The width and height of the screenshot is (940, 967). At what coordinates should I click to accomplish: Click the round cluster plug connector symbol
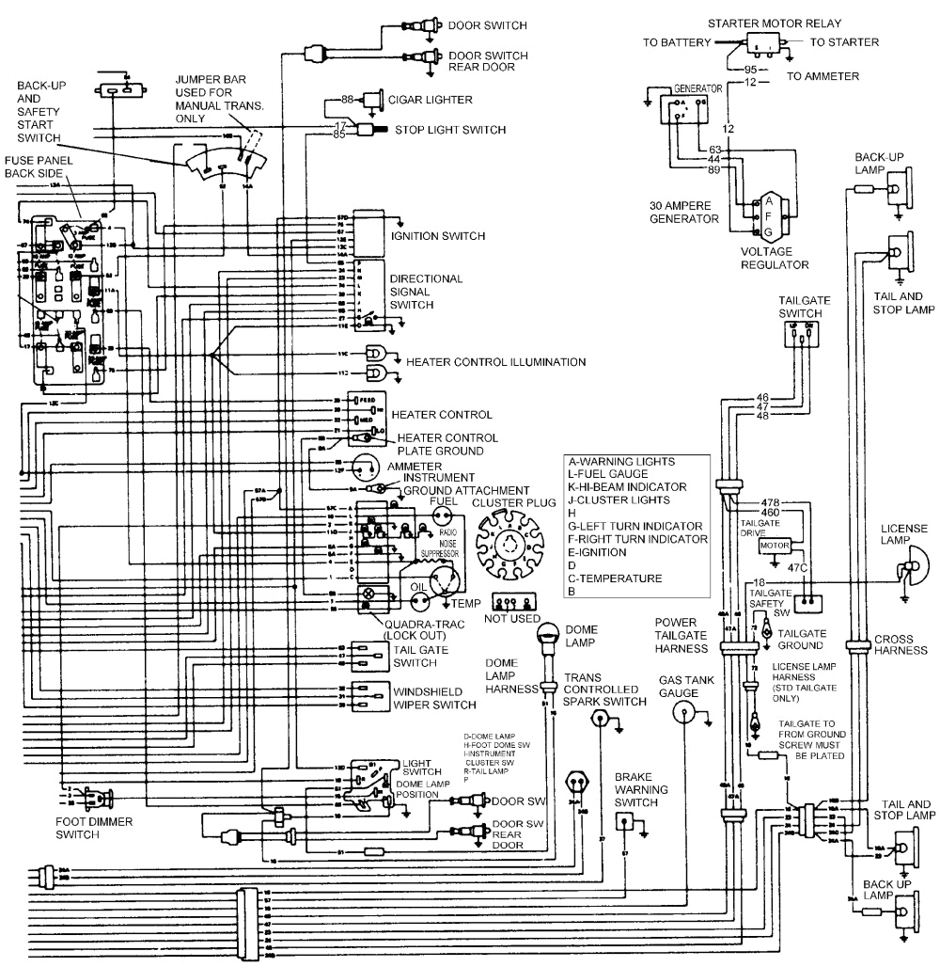509,550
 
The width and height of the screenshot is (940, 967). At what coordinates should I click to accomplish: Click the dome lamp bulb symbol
546,640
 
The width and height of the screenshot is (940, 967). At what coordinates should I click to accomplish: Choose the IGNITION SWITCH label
438,235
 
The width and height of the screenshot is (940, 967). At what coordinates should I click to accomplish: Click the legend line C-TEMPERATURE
615,578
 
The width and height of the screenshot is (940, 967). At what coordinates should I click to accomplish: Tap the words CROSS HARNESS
901,644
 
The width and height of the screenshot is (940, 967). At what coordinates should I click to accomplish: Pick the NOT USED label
512,618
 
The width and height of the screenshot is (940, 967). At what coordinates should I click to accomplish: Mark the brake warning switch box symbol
624,821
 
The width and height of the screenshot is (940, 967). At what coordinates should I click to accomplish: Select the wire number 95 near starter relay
750,70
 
